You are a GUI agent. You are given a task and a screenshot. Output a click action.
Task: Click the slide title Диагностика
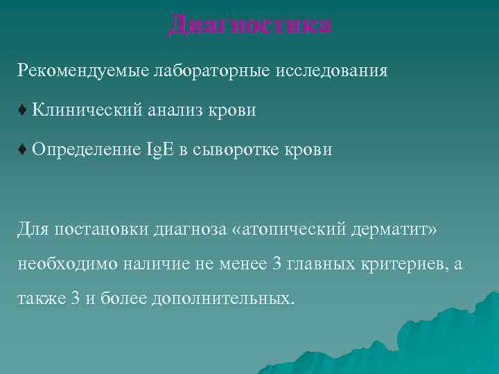click(x=249, y=25)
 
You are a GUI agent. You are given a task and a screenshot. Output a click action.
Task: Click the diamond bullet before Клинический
click(x=23, y=109)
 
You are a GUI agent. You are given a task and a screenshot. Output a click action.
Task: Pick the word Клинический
click(x=87, y=109)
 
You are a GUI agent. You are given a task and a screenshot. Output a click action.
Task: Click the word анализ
click(x=174, y=109)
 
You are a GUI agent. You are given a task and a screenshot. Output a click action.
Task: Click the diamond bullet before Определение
click(x=23, y=149)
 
